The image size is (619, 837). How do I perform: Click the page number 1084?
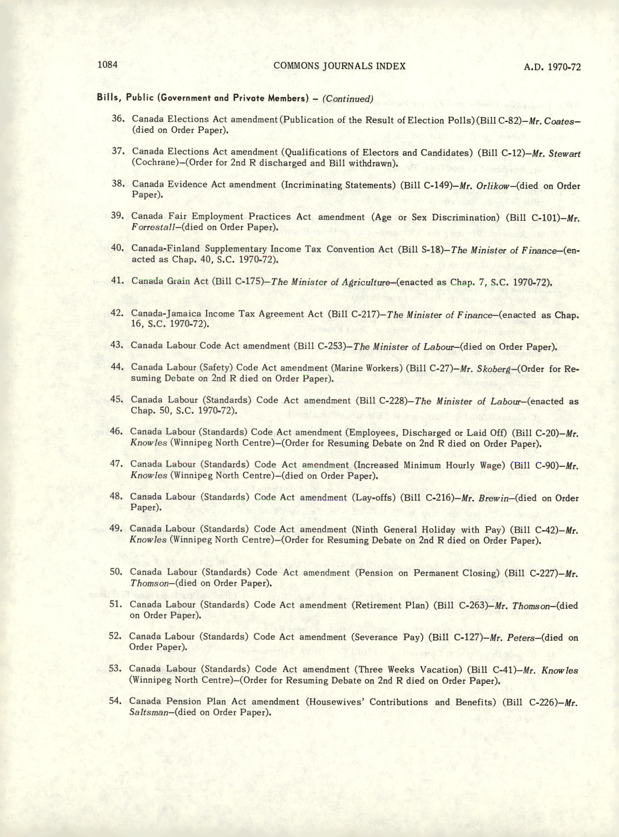(x=108, y=65)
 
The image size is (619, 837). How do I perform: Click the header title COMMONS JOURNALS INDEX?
(x=340, y=66)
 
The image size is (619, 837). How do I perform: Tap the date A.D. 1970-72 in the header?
(x=552, y=67)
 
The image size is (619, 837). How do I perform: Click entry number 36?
(x=118, y=119)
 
